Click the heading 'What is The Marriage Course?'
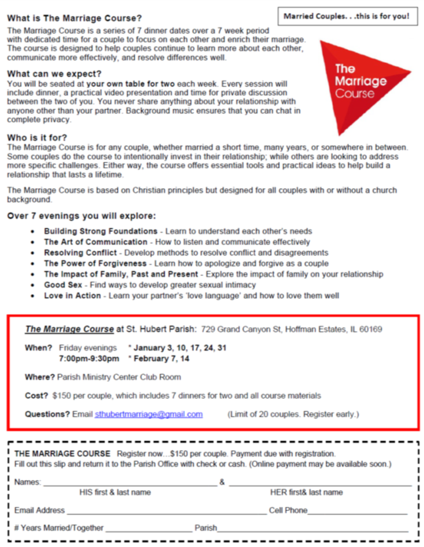tap(74, 18)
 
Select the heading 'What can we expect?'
tap(54, 73)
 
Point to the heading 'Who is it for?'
tap(43, 138)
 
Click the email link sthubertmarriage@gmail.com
tap(149, 414)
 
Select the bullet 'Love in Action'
tap(73, 295)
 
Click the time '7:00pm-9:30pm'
tap(88, 358)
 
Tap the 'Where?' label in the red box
tap(40, 377)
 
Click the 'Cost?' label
tap(37, 395)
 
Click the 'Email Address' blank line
tap(166, 511)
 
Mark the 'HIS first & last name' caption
tap(115, 492)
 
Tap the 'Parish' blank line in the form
tap(313, 529)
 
